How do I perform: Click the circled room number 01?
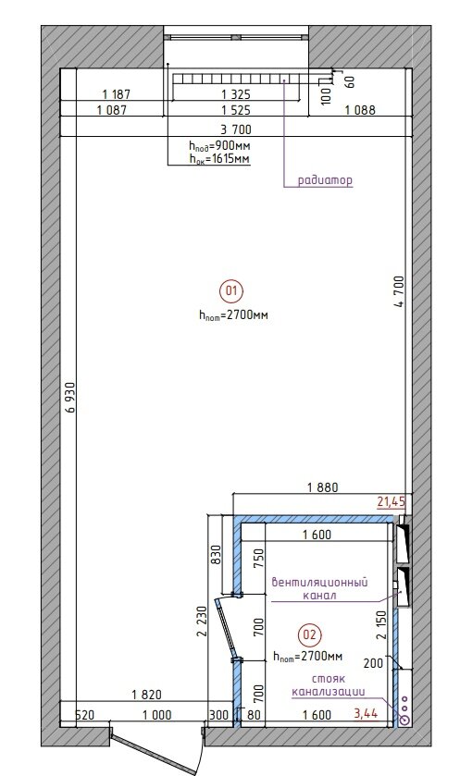231,290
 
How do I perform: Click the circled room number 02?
309,634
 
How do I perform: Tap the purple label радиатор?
325,180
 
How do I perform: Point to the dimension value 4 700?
399,291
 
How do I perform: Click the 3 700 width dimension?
236,129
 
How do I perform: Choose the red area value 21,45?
392,502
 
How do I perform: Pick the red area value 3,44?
366,713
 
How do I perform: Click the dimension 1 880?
322,487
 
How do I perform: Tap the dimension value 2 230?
201,622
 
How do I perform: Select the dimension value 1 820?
146,695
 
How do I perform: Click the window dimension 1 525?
236,110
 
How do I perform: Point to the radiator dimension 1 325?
236,94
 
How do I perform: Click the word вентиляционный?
320,582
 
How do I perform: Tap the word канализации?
329,692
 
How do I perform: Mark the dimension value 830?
216,555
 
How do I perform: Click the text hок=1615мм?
219,159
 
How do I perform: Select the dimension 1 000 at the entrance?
157,715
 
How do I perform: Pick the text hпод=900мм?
219,146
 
